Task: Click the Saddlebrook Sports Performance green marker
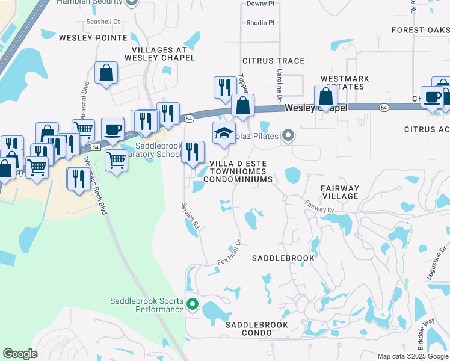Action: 193,304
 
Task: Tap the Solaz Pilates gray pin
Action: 289,136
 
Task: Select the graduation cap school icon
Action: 224,134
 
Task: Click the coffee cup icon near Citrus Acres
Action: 432,97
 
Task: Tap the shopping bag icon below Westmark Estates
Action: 325,96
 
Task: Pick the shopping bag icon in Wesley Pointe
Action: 106,73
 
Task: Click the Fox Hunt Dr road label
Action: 229,255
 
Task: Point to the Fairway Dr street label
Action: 318,206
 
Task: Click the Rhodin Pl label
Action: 260,23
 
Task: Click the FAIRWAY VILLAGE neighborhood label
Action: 341,192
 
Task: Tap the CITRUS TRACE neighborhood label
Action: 273,61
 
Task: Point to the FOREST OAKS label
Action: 420,30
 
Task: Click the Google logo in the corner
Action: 20,354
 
